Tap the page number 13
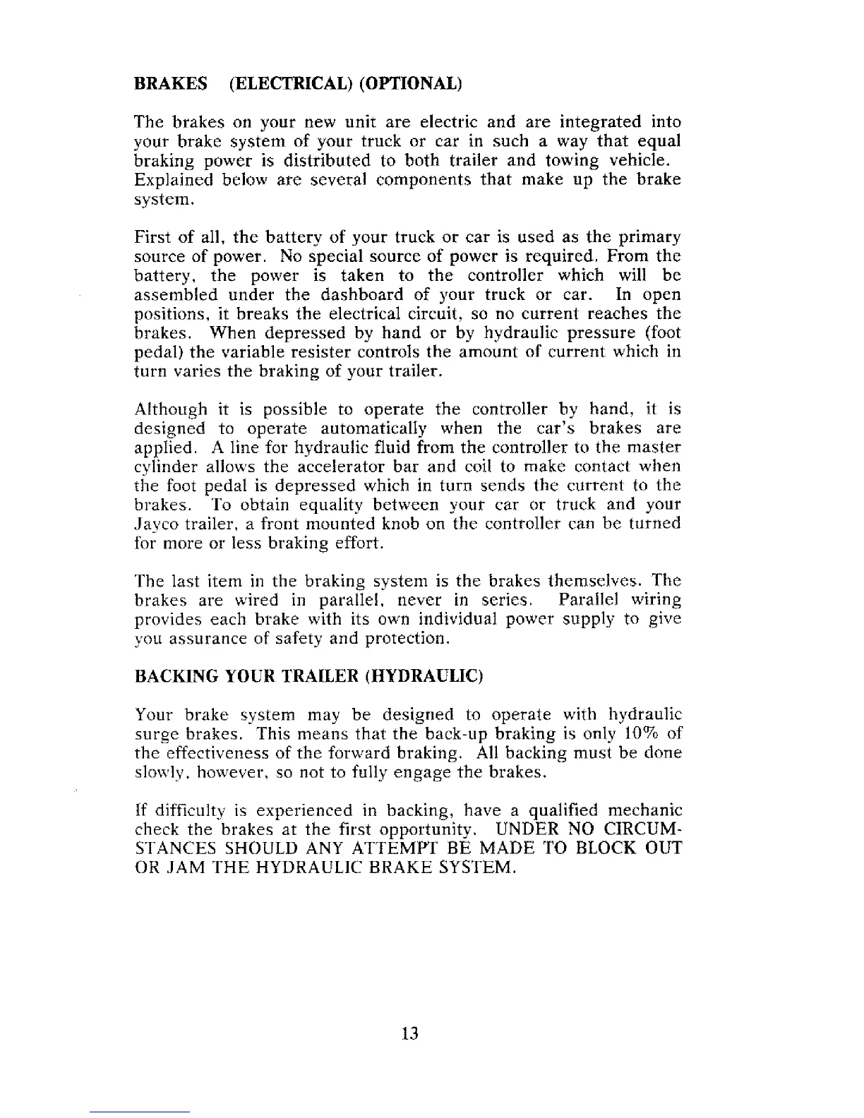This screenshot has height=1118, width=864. (x=410, y=1033)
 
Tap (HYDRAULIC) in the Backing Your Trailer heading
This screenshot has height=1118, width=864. (x=424, y=678)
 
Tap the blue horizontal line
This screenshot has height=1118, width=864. (x=140, y=1112)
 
